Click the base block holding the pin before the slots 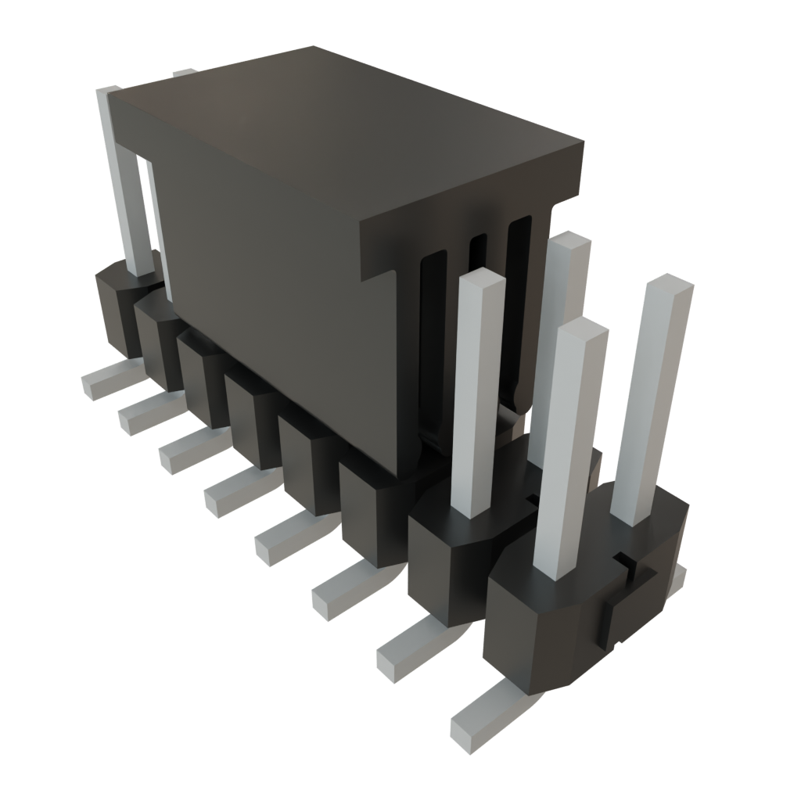point(446,548)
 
